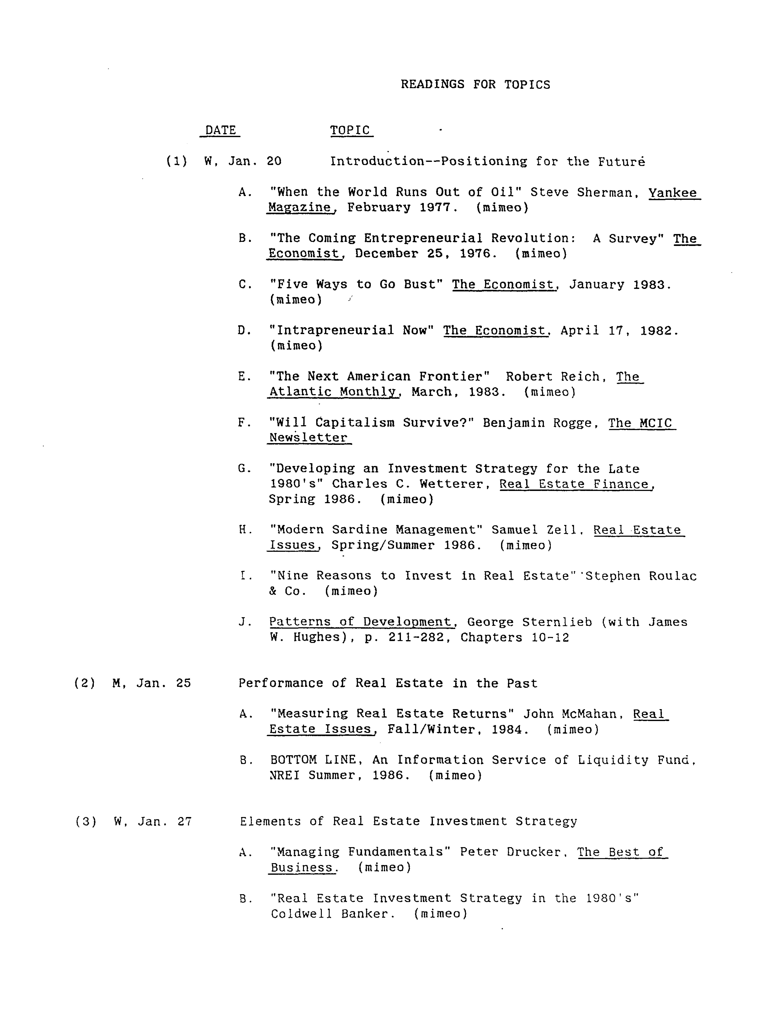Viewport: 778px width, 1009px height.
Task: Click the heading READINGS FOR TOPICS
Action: coord(475,85)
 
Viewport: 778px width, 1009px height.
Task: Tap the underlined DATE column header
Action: coord(220,130)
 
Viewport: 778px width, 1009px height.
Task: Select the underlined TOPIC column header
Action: coord(350,130)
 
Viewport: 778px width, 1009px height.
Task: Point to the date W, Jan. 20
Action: coord(243,161)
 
